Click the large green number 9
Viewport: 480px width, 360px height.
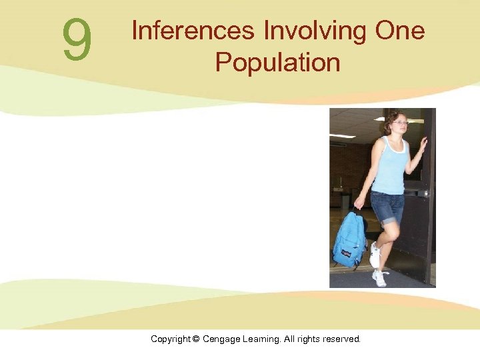coord(77,40)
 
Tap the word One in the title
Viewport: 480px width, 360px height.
coord(399,31)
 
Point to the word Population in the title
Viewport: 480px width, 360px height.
coord(277,63)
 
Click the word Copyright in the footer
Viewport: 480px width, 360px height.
coord(170,339)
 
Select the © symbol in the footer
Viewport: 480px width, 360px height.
coord(196,339)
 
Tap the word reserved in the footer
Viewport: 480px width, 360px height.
coord(341,339)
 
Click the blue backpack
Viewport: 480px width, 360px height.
coord(349,239)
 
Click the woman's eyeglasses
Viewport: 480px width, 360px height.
coord(399,123)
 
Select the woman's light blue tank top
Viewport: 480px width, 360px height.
coord(389,167)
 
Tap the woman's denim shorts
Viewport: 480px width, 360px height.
coord(388,207)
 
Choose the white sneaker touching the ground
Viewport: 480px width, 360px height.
coord(381,277)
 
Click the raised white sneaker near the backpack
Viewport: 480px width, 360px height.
coord(375,255)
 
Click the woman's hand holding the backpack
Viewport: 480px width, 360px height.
coord(359,203)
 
